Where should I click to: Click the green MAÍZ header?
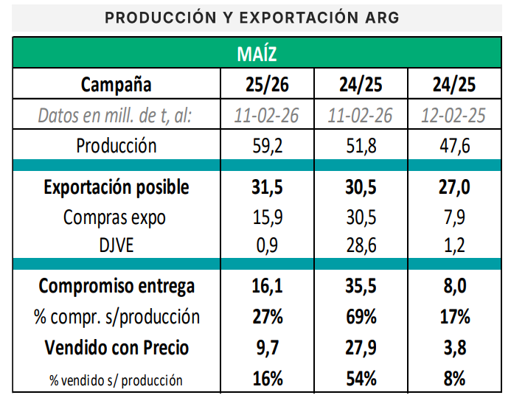[x=256, y=54]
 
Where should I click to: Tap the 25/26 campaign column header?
[x=267, y=85]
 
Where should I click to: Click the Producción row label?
[x=117, y=145]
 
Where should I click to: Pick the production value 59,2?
[x=267, y=145]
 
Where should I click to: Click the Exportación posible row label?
[x=117, y=187]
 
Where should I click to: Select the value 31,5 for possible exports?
[x=267, y=187]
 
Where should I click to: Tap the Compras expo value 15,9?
[x=267, y=217]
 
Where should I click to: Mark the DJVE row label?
[x=117, y=244]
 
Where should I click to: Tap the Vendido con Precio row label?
[x=117, y=347]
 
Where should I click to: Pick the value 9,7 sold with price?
[x=267, y=347]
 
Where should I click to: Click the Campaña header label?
[x=117, y=85]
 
